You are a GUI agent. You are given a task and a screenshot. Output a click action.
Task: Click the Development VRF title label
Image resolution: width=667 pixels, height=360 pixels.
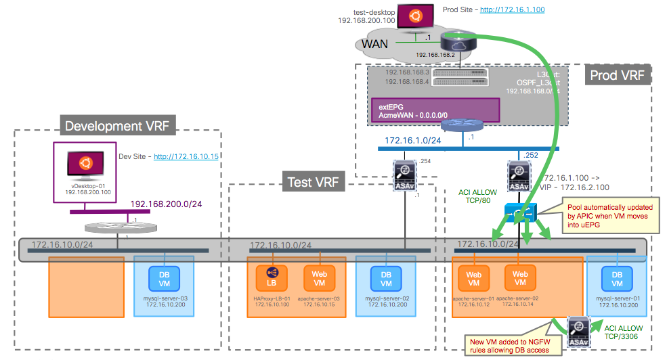pyautogui.click(x=116, y=126)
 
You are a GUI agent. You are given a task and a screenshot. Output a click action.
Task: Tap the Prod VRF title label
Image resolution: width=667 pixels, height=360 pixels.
pyautogui.click(x=618, y=74)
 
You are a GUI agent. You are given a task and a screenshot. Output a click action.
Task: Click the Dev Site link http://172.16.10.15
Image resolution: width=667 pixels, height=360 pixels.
pyautogui.click(x=186, y=156)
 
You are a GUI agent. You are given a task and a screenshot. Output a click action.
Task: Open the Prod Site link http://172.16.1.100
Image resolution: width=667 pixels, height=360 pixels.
pyautogui.click(x=512, y=9)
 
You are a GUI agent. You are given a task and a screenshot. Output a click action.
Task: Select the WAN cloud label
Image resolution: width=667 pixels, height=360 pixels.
pyautogui.click(x=375, y=45)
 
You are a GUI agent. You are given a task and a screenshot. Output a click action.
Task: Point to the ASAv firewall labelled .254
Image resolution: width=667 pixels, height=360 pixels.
pyautogui.click(x=404, y=177)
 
